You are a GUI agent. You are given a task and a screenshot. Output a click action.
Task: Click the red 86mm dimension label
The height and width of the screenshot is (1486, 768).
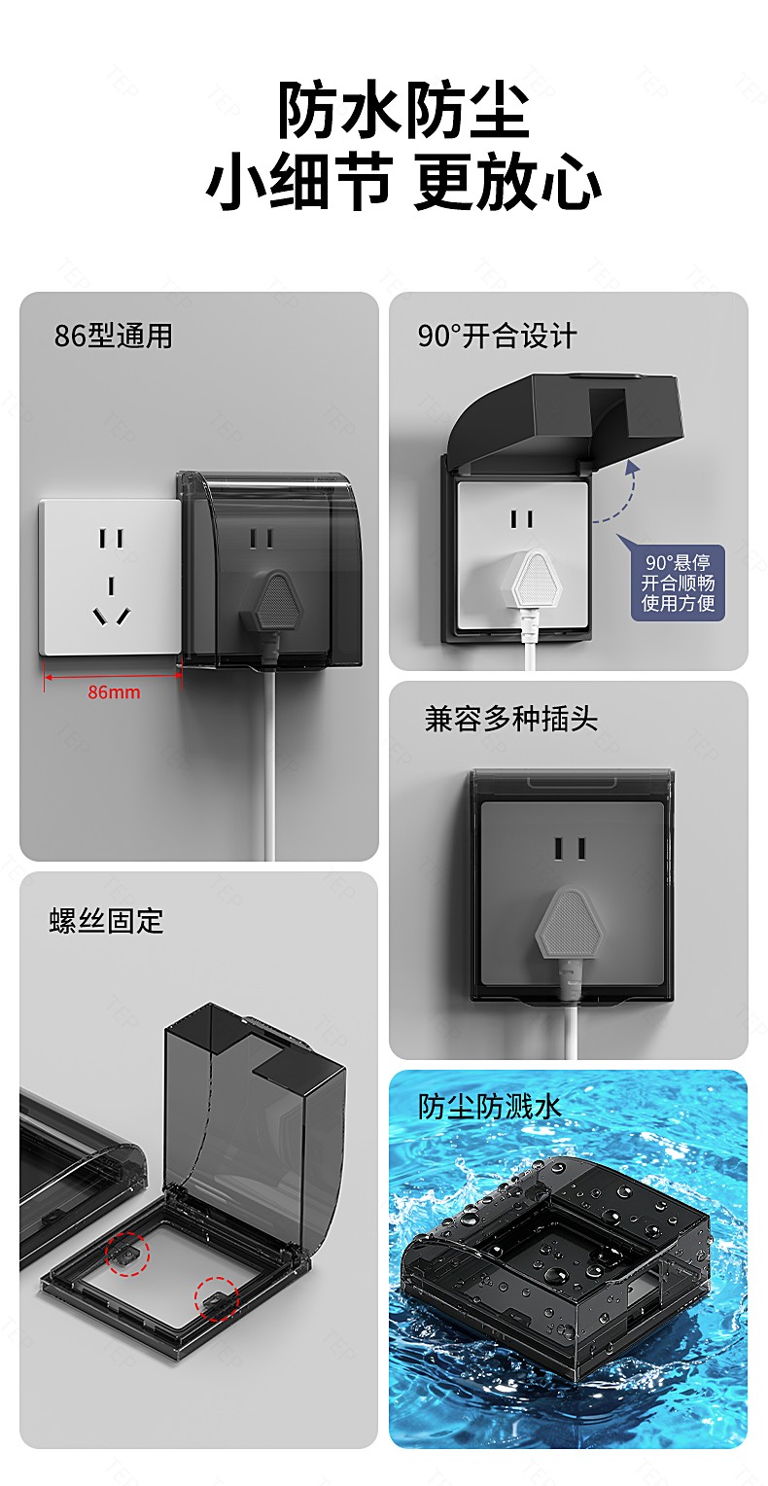click(x=114, y=691)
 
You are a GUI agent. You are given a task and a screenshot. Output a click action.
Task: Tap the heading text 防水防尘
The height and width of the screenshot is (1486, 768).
click(x=403, y=110)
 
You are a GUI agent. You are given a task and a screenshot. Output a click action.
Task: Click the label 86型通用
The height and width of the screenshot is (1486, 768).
click(x=114, y=336)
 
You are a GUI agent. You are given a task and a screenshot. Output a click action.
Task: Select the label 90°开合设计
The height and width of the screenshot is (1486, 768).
click(x=497, y=336)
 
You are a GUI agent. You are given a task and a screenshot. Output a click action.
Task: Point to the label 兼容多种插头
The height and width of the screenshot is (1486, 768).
click(x=510, y=719)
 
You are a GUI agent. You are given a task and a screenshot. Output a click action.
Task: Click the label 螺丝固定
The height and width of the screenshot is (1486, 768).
click(x=106, y=921)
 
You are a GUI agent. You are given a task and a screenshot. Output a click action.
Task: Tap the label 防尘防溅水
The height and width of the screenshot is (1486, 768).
click(x=489, y=1106)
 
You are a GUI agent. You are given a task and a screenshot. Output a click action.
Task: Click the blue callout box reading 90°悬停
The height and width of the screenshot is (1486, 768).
click(x=678, y=583)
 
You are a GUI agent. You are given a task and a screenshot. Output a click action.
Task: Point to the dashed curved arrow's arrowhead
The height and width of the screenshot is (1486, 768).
click(x=632, y=467)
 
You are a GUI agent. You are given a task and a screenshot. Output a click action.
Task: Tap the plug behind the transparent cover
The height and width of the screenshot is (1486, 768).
click(x=270, y=605)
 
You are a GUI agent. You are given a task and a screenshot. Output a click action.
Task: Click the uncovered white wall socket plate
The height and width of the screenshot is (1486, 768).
click(x=110, y=577)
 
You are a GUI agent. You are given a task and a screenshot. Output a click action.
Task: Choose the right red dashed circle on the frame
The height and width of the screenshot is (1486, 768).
click(x=216, y=1298)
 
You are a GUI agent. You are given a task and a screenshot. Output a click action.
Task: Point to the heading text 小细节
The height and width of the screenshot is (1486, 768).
click(x=299, y=182)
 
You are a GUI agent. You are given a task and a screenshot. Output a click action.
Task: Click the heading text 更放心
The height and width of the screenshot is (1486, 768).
click(x=507, y=182)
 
